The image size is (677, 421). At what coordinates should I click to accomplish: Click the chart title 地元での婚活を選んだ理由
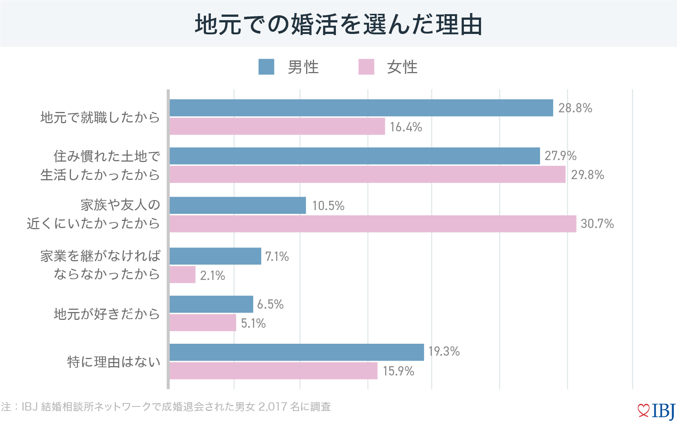click(x=338, y=25)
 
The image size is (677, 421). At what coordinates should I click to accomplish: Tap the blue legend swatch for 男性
click(x=266, y=67)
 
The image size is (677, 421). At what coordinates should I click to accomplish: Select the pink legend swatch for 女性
click(x=366, y=67)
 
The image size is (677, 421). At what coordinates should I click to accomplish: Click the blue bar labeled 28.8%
click(x=361, y=108)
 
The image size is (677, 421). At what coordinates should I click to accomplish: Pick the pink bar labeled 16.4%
click(x=277, y=127)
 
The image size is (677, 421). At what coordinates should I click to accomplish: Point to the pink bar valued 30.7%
click(x=373, y=224)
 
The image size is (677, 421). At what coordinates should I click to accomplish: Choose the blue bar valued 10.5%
click(x=238, y=205)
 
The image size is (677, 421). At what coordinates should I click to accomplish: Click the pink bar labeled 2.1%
click(x=182, y=275)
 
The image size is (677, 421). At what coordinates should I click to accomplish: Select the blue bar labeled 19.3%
click(x=297, y=352)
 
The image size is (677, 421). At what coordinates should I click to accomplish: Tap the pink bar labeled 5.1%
click(x=203, y=323)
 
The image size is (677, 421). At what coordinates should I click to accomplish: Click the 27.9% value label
click(x=560, y=156)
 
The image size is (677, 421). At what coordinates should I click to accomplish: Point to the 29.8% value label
click(x=587, y=175)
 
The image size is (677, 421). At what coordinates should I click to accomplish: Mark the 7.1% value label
click(x=277, y=256)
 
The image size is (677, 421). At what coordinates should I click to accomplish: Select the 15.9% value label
click(x=398, y=371)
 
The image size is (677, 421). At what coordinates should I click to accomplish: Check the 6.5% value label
click(x=270, y=304)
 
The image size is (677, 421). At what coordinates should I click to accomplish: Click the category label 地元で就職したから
click(x=100, y=118)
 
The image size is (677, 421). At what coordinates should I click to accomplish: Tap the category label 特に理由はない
click(x=114, y=362)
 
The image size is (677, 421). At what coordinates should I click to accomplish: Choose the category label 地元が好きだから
click(x=107, y=314)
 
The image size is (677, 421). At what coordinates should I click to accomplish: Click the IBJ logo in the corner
click(x=656, y=411)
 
